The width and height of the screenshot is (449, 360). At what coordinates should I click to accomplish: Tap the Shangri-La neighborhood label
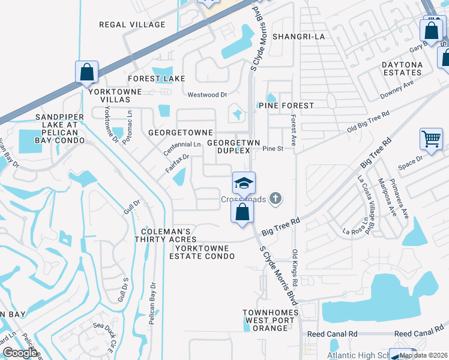pos(298,37)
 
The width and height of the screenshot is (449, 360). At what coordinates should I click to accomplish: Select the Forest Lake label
pos(157,79)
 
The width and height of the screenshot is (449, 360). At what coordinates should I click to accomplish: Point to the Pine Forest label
pos(286,106)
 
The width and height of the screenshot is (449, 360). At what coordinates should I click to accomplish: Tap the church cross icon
pos(276,198)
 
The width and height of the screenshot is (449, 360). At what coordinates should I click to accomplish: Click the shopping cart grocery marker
pos(431,139)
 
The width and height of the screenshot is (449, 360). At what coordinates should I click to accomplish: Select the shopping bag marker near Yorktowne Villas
pos(87,72)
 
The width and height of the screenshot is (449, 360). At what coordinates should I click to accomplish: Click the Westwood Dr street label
pos(208,95)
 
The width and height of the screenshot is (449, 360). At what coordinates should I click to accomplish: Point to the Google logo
pos(20,353)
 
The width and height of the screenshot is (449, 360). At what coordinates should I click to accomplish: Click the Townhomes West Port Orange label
pos(265,320)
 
